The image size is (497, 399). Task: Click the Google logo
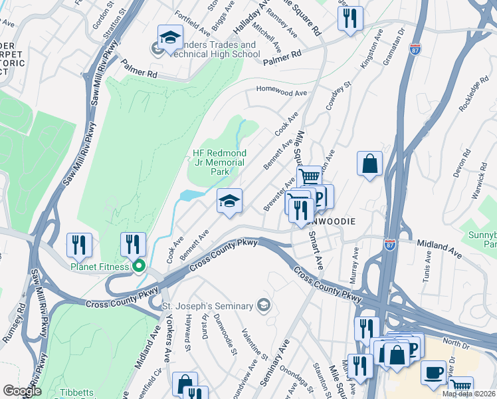tap(22, 391)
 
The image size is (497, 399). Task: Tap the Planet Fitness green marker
tap(139, 267)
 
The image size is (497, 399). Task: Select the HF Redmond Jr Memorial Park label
tap(219, 162)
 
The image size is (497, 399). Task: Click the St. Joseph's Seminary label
tap(208, 306)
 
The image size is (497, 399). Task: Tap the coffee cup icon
tap(434, 372)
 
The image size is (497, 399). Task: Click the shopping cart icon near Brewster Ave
tap(309, 178)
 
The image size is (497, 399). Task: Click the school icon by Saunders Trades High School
tap(169, 39)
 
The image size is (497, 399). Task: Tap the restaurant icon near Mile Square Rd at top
tap(349, 18)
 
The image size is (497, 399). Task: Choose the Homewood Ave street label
tap(282, 93)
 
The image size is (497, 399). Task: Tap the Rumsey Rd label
tap(15, 323)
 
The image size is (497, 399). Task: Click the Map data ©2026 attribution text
tap(468, 394)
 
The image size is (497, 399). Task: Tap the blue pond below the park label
tap(190, 196)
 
